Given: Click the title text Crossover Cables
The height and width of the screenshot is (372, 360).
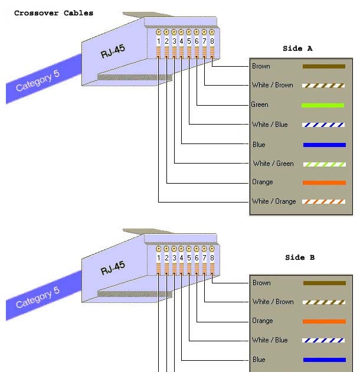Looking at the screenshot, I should (x=54, y=13).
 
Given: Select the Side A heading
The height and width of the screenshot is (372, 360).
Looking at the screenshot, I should (x=299, y=48).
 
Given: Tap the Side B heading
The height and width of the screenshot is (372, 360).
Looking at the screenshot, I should (x=300, y=257).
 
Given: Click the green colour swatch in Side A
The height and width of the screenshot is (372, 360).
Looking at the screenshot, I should (x=323, y=106).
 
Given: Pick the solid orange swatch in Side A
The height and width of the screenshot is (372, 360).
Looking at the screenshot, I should (x=324, y=182).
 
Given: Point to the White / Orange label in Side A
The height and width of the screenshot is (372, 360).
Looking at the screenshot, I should (x=274, y=201).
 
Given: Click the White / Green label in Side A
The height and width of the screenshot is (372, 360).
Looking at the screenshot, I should (x=273, y=164).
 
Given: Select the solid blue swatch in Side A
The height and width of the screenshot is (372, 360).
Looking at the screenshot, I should (x=324, y=145).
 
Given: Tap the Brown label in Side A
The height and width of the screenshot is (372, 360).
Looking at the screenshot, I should (x=261, y=66).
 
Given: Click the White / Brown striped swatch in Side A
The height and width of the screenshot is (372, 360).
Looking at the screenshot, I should (x=323, y=86).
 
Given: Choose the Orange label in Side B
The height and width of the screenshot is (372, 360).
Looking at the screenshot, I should (x=263, y=321).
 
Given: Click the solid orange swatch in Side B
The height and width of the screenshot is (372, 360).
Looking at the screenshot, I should (x=324, y=321).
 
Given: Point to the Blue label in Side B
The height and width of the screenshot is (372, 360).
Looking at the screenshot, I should (x=259, y=360).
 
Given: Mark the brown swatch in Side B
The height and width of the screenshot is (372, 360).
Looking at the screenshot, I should (x=324, y=283).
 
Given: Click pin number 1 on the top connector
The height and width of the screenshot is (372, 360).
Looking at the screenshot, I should (x=159, y=41).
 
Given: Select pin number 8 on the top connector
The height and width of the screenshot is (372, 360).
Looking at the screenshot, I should (x=212, y=41).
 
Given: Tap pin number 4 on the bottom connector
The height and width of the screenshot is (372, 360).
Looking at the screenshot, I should (x=181, y=258).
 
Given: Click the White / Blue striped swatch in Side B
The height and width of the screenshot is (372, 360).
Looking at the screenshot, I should (x=323, y=341).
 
